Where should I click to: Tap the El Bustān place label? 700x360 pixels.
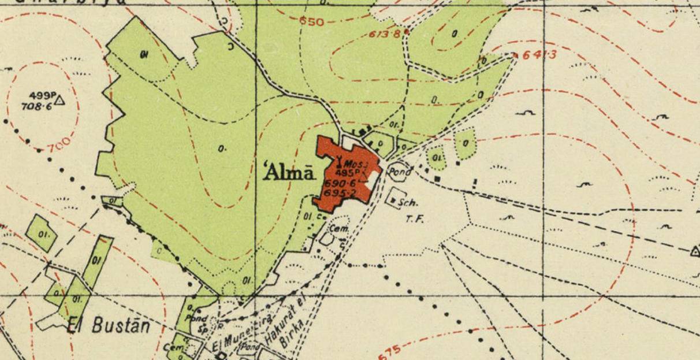(109, 326)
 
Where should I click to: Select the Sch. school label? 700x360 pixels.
(409, 203)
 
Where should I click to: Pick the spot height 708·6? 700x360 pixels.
(36, 106)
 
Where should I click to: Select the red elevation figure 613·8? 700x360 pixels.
(385, 34)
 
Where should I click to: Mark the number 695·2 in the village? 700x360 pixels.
(340, 192)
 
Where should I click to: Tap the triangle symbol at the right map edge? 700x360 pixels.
(695, 251)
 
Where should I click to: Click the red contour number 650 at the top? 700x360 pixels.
(312, 22)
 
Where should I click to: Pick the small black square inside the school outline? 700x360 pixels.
(394, 201)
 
